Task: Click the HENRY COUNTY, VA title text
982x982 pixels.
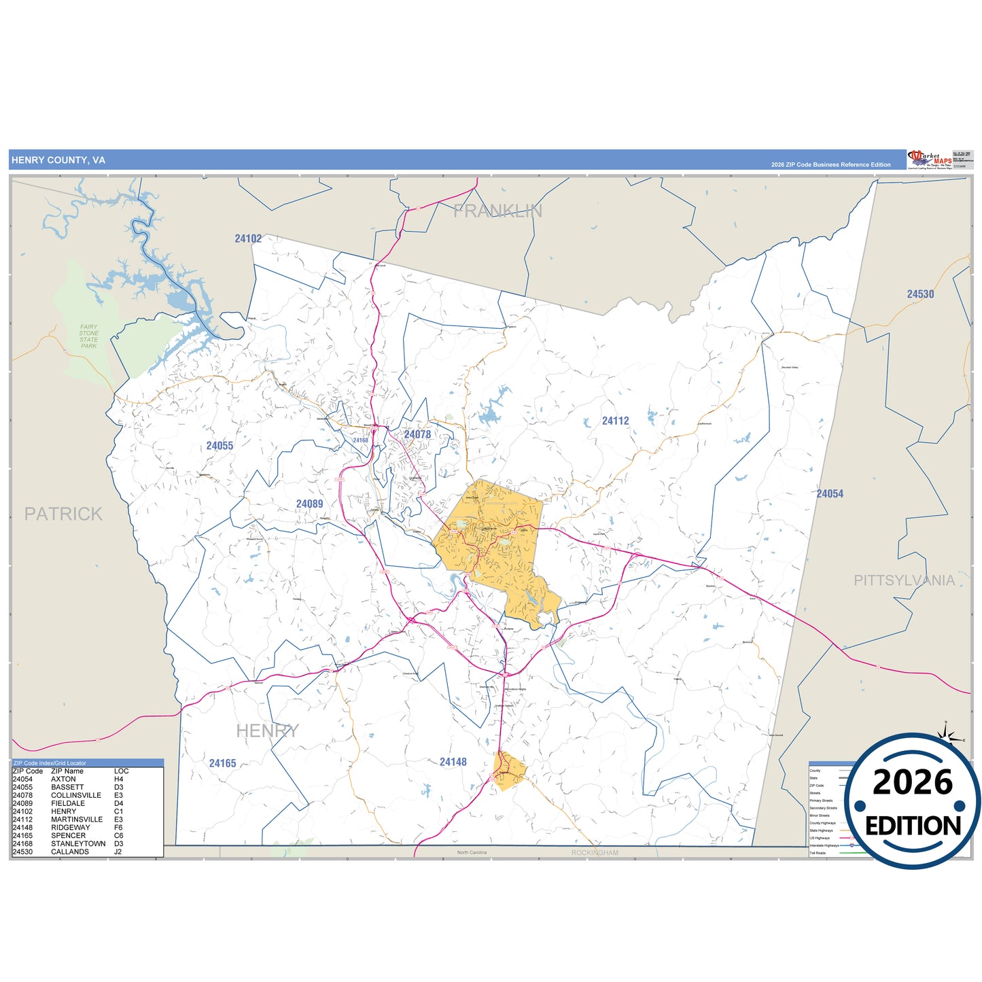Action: click(58, 160)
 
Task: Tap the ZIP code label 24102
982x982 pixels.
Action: click(248, 239)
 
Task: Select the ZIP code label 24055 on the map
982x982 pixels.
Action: click(220, 446)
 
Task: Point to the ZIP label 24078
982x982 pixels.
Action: click(417, 434)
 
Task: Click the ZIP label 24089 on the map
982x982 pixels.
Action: click(309, 504)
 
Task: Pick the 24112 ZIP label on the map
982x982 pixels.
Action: click(615, 421)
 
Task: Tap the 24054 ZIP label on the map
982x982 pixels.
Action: click(830, 494)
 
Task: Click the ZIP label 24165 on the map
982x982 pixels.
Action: click(222, 763)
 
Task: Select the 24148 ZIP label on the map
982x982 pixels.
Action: click(453, 762)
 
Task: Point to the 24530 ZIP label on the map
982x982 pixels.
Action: click(920, 294)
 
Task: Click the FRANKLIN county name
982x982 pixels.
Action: click(497, 211)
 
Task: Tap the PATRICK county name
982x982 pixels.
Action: click(63, 514)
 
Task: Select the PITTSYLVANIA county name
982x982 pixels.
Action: click(904, 580)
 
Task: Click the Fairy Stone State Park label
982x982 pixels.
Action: click(88, 336)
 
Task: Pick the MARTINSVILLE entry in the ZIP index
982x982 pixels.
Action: click(77, 820)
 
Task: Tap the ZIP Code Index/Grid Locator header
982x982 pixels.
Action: click(50, 763)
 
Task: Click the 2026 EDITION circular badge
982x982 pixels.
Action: click(913, 803)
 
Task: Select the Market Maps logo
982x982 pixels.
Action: click(929, 159)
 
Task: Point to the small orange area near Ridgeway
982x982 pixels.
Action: click(510, 771)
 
